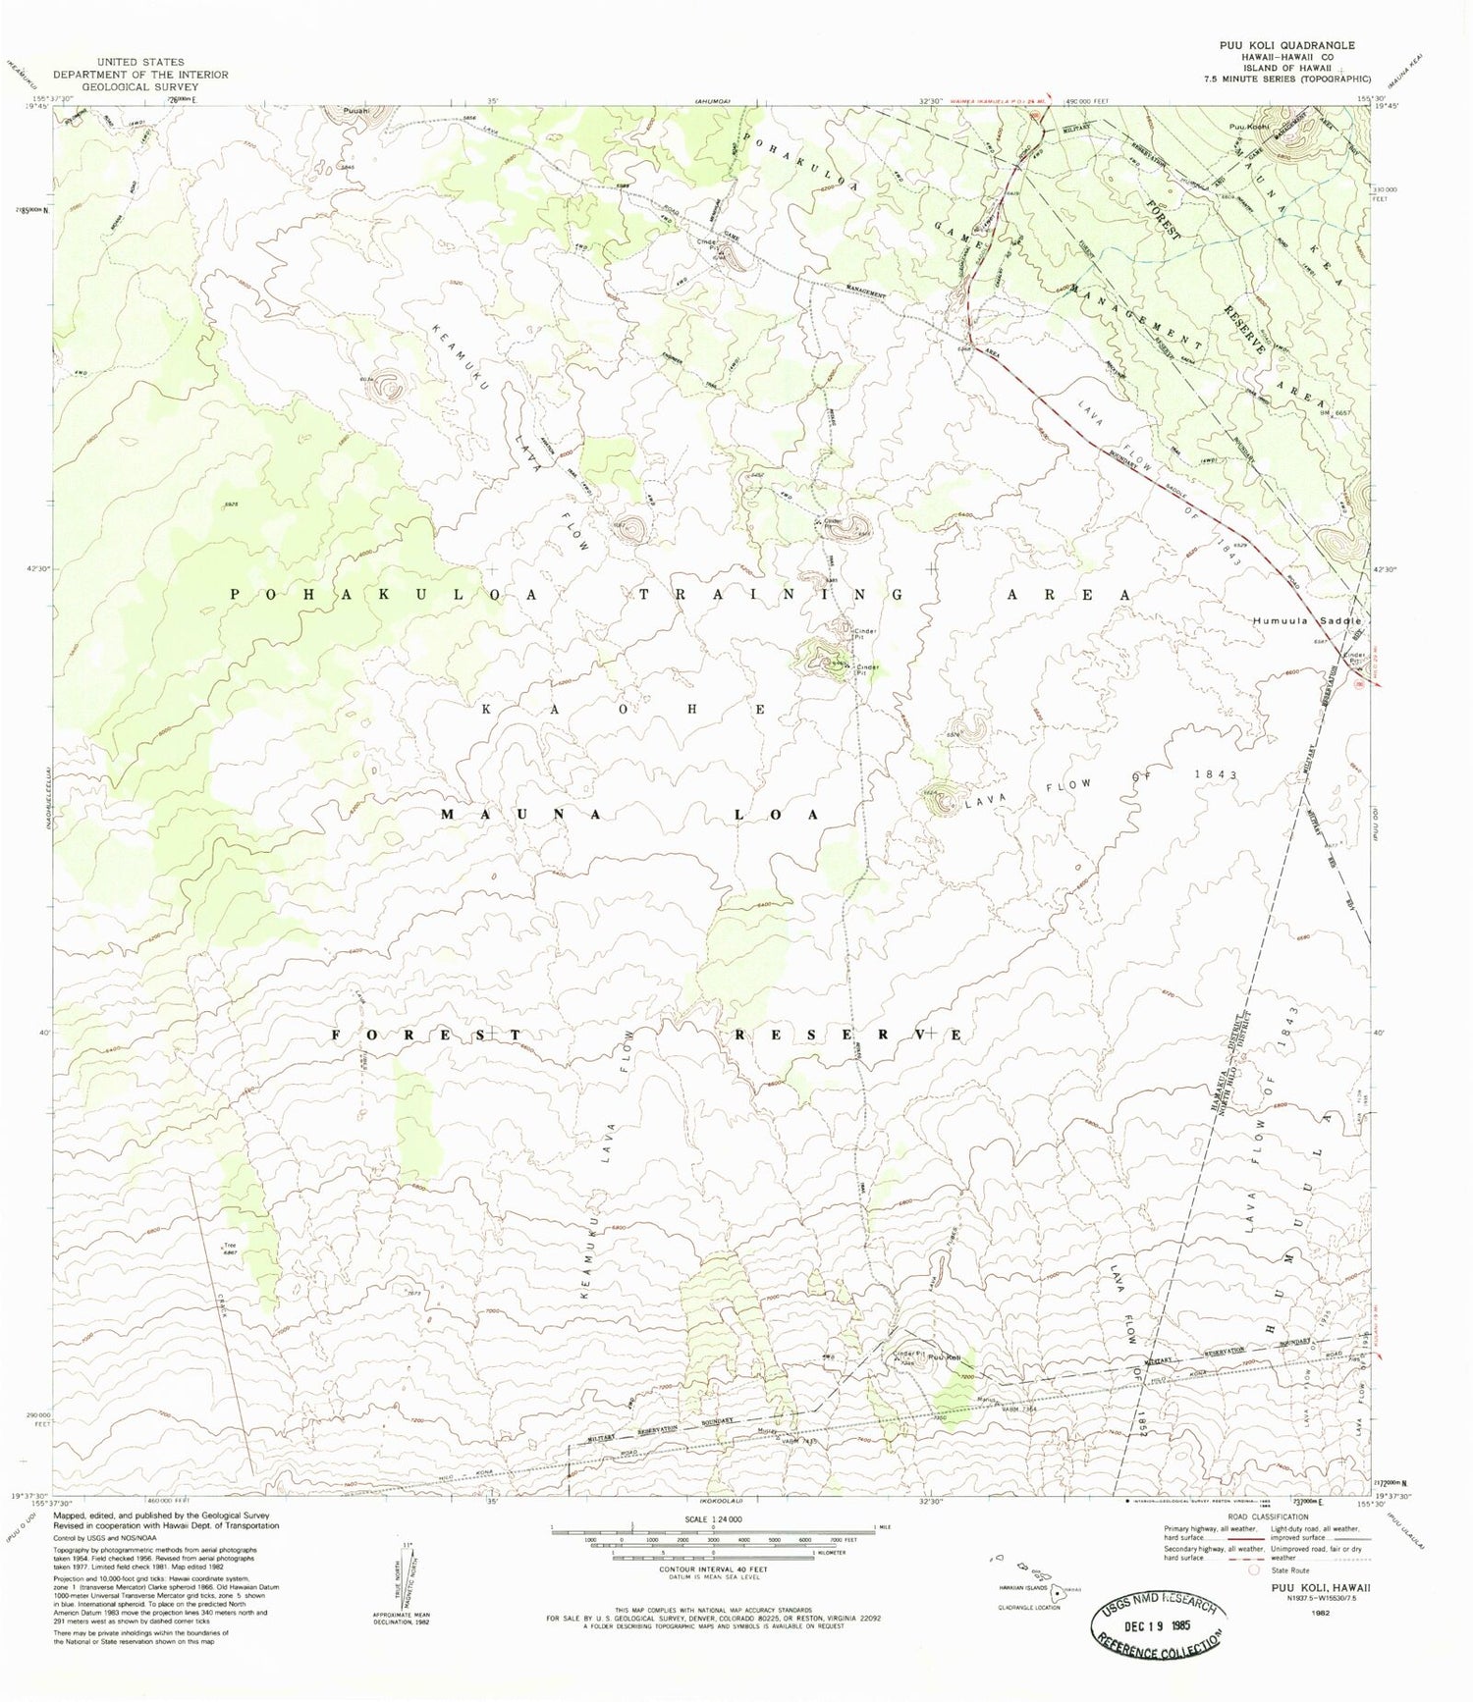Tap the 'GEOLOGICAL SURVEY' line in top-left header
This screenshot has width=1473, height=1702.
click(140, 86)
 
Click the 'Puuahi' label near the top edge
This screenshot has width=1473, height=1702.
click(357, 111)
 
